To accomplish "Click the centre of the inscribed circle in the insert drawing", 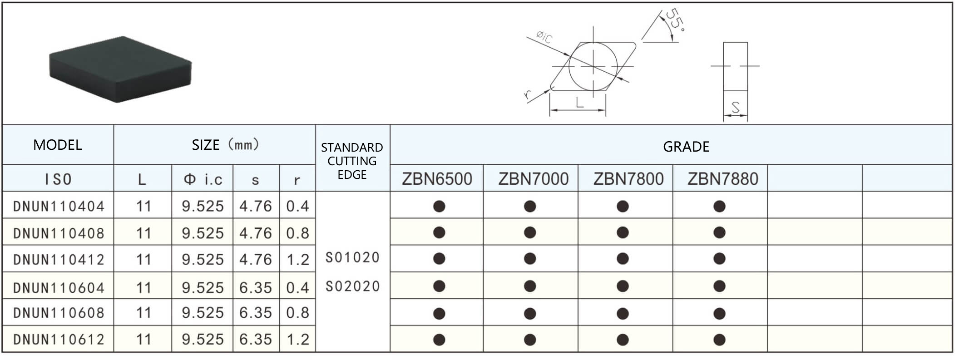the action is pos(593,66).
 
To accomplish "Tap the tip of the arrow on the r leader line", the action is pos(550,90).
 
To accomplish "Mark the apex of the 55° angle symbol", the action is pos(642,42).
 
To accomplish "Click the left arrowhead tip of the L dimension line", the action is pos(550,110).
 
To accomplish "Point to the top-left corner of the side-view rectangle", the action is pos(723,43).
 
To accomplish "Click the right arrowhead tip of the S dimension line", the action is pos(747,116).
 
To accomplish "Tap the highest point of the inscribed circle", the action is pos(593,42).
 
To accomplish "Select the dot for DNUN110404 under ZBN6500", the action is pos(439,207).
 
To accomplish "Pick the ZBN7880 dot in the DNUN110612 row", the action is pos(719,340).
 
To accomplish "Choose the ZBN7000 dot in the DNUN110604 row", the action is pos(530,286).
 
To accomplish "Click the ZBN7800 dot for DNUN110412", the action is pos(623,259).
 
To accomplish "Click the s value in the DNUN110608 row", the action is pos(256,313).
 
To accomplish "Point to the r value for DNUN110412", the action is pos(297,260).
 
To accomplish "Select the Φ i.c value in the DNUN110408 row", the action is pos(203,233).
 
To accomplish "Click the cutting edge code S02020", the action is pos(352,286).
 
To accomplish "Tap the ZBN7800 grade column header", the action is pos(628,179).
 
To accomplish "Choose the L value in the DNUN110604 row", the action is pos(143,288).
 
